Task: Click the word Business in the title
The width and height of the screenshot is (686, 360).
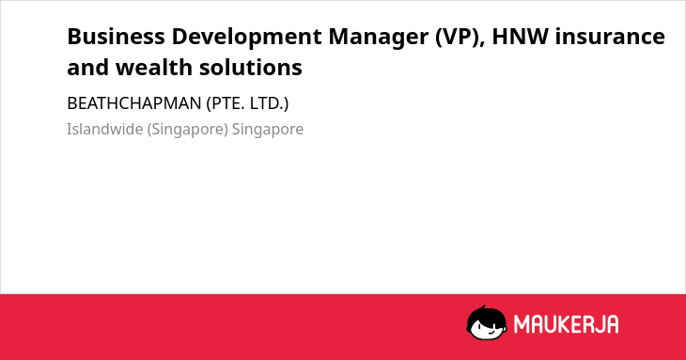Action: point(116,37)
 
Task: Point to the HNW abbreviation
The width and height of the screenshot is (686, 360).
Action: point(521,37)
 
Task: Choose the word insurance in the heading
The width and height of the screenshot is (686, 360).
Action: point(610,37)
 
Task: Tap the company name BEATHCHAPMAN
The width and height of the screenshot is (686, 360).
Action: point(134,103)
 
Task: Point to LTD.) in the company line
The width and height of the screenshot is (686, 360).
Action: point(269,103)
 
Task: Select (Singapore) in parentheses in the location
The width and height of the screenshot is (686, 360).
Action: point(188,130)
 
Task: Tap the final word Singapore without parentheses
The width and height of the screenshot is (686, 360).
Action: point(268,130)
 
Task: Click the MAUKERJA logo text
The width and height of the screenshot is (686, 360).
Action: point(566,324)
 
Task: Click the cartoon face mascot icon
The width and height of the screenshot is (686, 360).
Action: point(487,322)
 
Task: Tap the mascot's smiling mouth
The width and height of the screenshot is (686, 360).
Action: point(491,333)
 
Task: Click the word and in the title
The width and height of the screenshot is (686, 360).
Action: point(88,68)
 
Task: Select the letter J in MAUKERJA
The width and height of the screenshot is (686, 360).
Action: point(597,324)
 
